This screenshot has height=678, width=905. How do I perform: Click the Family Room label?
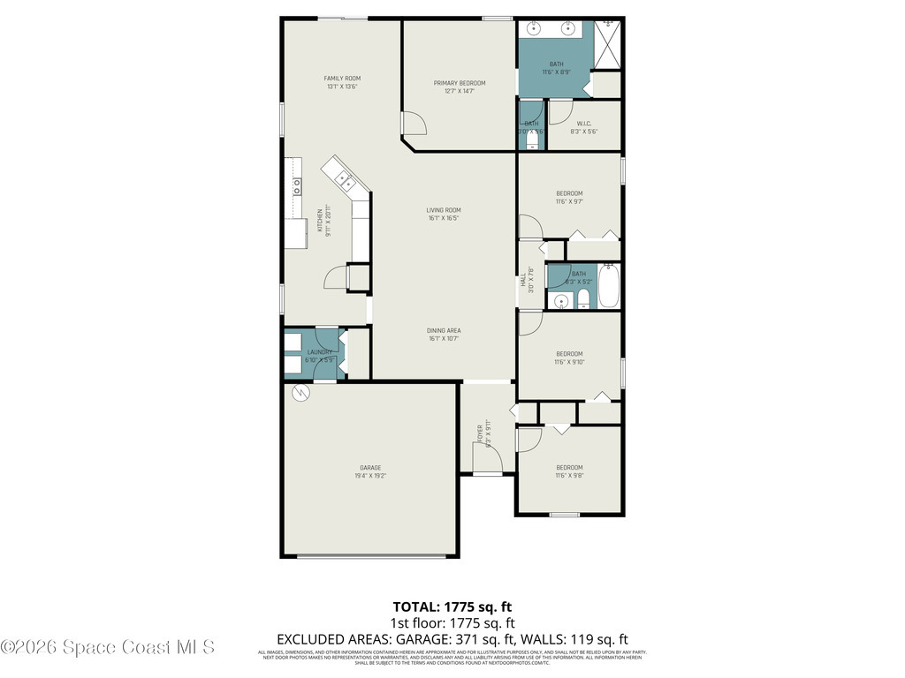click(x=342, y=79)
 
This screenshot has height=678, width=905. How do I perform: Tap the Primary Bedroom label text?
click(x=459, y=83)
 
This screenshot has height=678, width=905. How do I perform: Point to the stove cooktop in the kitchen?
click(x=297, y=185)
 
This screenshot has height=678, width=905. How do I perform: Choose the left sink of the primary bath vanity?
click(x=535, y=29)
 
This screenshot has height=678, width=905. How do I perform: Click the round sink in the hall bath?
click(x=559, y=301)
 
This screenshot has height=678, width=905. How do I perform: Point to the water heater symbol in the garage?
click(x=299, y=392)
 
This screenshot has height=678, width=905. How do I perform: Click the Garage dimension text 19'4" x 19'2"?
click(x=370, y=476)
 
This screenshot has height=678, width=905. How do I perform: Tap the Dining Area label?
click(x=444, y=331)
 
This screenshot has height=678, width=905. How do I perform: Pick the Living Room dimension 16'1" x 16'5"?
click(x=444, y=218)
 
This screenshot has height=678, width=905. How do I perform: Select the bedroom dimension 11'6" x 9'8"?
click(x=569, y=476)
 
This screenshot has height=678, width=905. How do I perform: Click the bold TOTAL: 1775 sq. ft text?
click(x=452, y=606)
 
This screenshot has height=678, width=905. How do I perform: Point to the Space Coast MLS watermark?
click(x=107, y=648)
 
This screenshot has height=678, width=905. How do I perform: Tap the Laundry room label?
click(x=319, y=352)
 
